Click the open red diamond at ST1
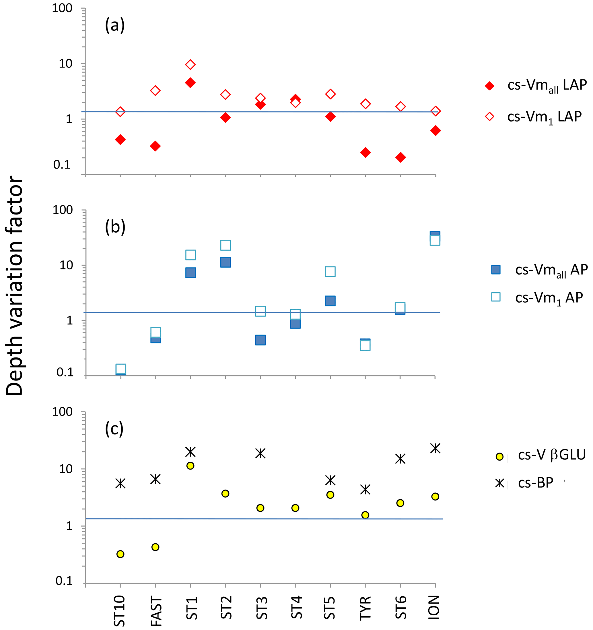190,65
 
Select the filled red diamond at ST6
400,157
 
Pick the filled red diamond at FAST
155,146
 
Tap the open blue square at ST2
225,245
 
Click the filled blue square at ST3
260,340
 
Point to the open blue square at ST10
120,369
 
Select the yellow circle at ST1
190,465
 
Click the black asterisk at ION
435,448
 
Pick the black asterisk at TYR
365,489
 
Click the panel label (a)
114,25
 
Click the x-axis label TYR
365,608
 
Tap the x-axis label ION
434,607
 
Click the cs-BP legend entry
535,483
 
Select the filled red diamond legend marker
489,86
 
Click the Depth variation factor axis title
15,285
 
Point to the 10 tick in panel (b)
66,265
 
